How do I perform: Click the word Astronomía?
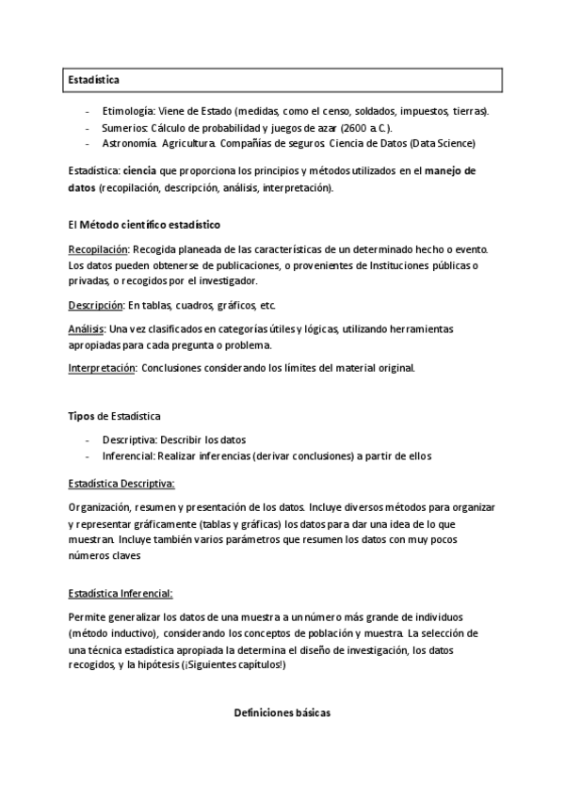[129, 144]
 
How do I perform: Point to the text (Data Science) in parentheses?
[440, 144]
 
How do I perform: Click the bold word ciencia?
[139, 171]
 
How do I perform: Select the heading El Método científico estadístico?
[144, 226]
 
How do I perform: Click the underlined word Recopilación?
[98, 249]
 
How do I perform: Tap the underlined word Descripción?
[96, 306]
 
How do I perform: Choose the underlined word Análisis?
[87, 329]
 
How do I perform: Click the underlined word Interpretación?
[103, 367]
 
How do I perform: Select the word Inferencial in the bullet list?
[129, 455]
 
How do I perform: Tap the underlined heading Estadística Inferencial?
[120, 594]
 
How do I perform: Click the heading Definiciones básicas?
[282, 714]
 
